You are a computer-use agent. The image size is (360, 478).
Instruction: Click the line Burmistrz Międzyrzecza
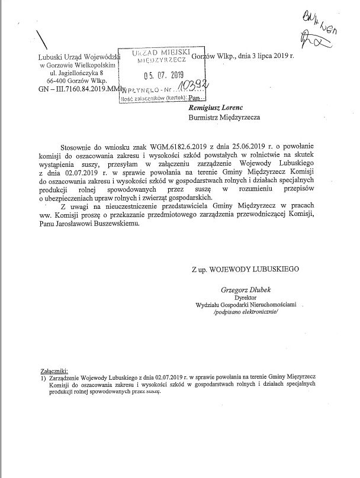224,117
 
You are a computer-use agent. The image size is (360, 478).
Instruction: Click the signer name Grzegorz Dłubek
242,290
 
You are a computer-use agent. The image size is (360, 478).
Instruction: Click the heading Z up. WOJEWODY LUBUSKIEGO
245,268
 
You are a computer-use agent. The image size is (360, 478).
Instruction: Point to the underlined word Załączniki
54,368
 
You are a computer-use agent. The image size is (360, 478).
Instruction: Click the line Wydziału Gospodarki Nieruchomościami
245,304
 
